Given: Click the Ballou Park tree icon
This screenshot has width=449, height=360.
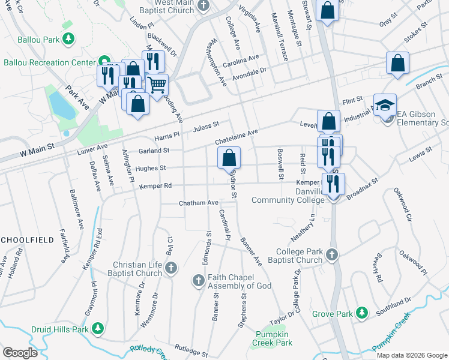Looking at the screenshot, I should tap(69, 39).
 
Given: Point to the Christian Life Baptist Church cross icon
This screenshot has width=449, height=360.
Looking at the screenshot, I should tap(170, 268).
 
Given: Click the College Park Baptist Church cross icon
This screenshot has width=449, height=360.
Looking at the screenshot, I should tap(331, 256).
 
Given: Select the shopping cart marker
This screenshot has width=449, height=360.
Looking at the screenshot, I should tap(157, 85).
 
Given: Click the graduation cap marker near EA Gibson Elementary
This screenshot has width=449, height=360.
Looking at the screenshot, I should tap(385, 105).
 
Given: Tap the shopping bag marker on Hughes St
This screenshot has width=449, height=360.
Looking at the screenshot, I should tap(229, 158).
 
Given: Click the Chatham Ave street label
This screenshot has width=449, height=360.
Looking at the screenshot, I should tap(198, 203).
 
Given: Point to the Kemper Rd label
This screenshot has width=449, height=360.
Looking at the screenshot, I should tap(155, 186).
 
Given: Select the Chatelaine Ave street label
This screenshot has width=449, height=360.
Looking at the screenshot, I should tap(237, 137).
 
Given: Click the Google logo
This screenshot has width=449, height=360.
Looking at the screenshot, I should tap(20, 353).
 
